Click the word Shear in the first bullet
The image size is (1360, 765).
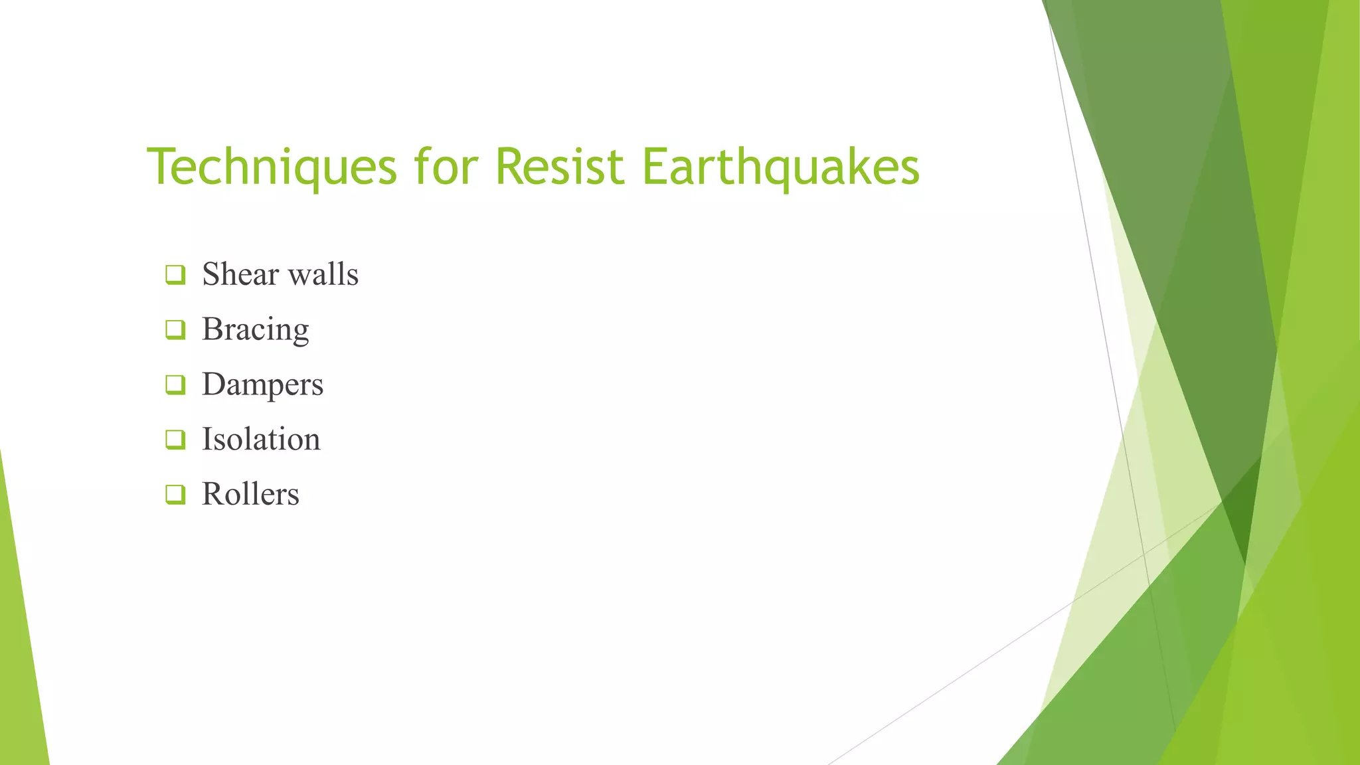pos(240,274)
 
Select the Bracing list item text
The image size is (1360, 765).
pos(256,329)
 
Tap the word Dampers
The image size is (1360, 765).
pos(263,384)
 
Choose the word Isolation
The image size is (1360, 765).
pos(261,439)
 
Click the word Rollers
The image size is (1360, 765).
pos(250,494)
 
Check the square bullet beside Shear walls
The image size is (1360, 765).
pos(175,275)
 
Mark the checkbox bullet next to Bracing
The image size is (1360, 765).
pos(175,329)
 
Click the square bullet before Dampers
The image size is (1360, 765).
pos(175,384)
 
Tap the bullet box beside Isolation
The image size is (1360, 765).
pos(175,439)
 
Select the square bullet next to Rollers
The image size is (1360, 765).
pos(175,494)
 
